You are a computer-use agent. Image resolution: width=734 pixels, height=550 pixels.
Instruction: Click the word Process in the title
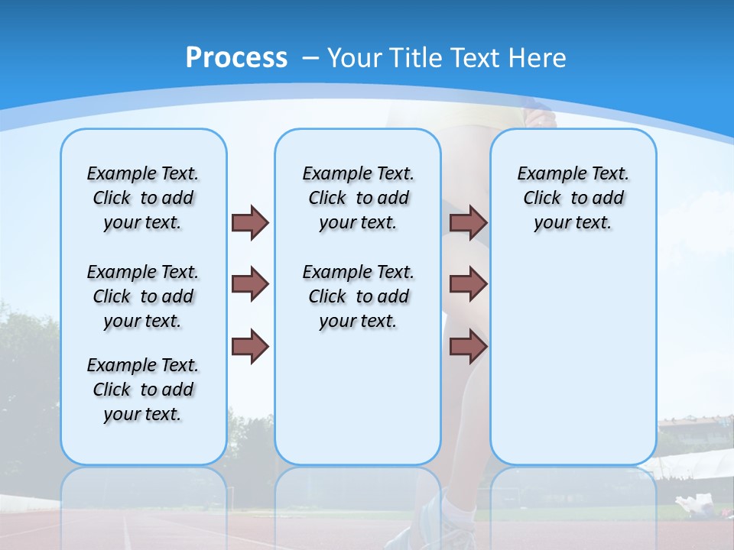coord(236,57)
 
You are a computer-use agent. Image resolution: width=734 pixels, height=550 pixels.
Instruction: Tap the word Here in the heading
coord(540,58)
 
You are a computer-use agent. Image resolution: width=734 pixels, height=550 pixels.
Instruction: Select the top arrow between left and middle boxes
coord(250,222)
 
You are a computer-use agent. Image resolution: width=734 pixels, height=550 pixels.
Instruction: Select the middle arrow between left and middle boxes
coord(250,284)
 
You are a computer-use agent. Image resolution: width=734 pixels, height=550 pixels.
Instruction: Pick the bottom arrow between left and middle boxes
coord(250,346)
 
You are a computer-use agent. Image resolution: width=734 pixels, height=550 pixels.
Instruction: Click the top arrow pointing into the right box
coord(469,222)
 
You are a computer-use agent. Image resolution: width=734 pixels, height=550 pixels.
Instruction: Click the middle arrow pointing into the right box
coord(469,284)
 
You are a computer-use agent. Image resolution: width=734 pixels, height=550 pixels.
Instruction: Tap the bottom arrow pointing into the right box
coord(469,346)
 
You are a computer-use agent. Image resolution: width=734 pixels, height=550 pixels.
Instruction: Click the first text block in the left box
coord(143,198)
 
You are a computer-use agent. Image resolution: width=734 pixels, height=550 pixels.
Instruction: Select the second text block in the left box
coord(143,296)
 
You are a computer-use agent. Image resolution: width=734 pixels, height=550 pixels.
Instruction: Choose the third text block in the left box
coord(143,390)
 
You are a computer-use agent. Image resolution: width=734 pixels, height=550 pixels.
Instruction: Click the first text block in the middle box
coord(358,198)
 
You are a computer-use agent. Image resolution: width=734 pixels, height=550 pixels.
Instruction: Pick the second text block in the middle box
coord(358,296)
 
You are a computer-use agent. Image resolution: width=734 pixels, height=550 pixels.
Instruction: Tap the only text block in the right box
coord(573,198)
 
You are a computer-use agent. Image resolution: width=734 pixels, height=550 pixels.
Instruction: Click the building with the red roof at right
coord(692,432)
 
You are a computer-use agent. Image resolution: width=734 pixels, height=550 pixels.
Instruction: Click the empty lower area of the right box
coord(573,367)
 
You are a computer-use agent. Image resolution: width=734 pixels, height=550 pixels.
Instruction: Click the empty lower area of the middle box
coord(358,397)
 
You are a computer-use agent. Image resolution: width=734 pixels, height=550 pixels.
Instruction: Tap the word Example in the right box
coord(544,174)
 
